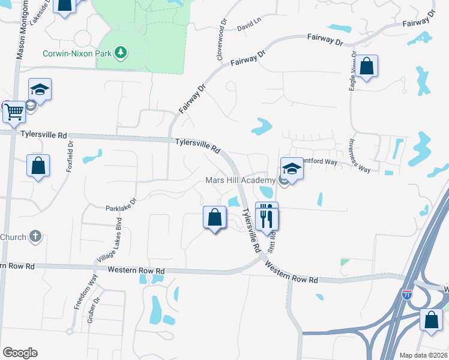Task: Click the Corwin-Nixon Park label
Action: pos(77,53)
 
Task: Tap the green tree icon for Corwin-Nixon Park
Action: pos(121,53)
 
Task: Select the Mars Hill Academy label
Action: pos(240,181)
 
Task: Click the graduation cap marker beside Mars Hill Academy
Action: pos(292,169)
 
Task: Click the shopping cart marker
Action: pos(14,111)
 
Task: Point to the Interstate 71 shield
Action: pos(406,295)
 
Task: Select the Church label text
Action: pos(13,237)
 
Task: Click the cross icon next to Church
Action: pos(35,236)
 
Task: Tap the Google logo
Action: pos(20,353)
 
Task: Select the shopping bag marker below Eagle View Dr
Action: pos(367,65)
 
